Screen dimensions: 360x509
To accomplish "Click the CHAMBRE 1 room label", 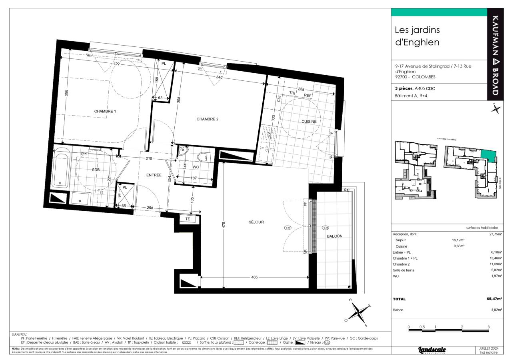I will point(105,111).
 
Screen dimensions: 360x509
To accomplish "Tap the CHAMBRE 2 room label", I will point(207,119).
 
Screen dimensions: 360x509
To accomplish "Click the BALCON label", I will point(335,236).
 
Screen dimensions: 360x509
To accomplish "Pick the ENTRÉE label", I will point(154,175).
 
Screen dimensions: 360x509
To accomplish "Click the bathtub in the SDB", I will point(62,170).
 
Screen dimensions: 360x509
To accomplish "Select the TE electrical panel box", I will point(188,219).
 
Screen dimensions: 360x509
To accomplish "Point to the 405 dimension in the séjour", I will point(254,277).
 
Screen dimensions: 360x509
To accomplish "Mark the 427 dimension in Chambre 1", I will point(117,64).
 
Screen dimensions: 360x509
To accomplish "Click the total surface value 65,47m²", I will point(494,299).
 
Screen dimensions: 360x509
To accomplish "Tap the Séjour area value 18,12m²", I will point(458,240).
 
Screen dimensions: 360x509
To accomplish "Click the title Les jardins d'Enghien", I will point(417,36).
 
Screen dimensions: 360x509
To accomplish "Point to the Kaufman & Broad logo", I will point(495,55).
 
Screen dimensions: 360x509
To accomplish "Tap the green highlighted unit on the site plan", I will point(488,154).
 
